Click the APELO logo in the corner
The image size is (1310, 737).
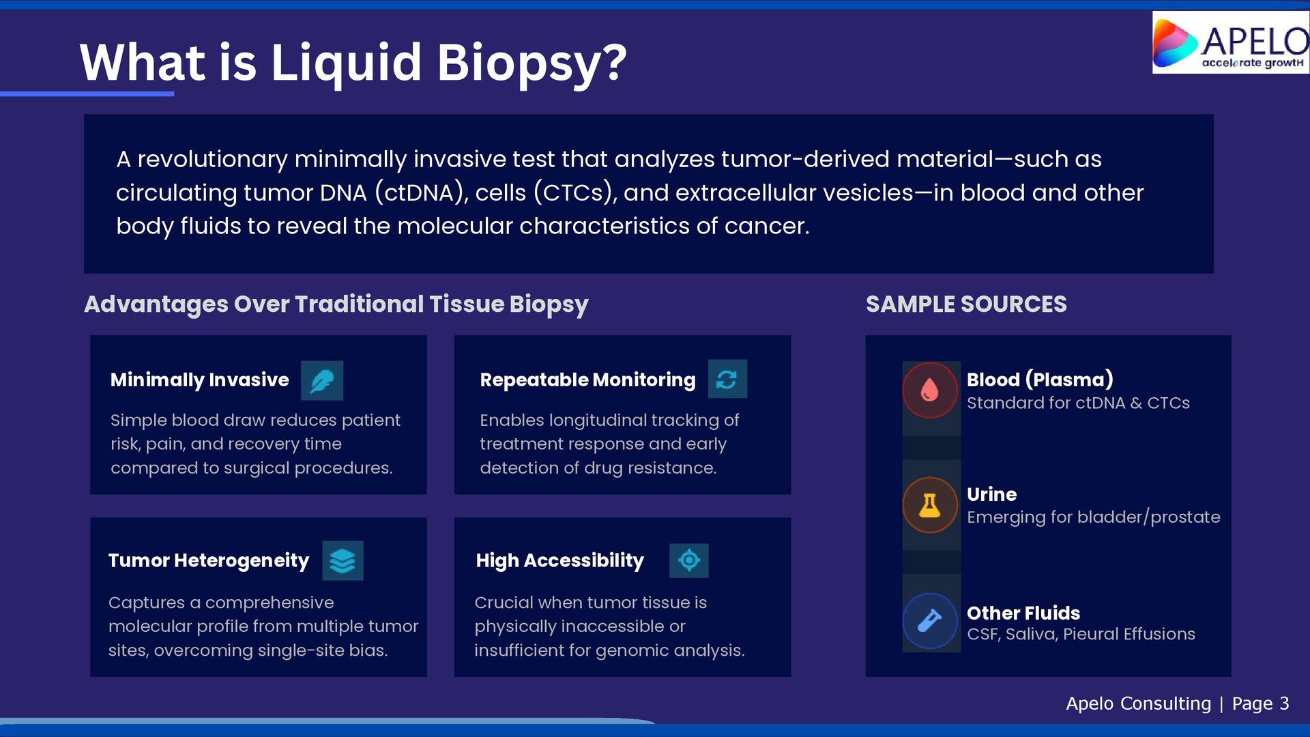coord(1230,42)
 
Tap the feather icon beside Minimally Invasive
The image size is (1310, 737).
coord(322,381)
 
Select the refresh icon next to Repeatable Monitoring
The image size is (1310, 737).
coord(727,379)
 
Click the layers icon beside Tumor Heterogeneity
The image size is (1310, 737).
coord(343,561)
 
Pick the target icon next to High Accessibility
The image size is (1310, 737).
coord(689,561)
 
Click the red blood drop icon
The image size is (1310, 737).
coord(930,390)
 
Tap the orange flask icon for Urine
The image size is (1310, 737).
coord(930,505)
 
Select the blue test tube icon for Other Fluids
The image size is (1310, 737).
coord(930,621)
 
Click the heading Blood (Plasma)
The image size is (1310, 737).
coord(1040,379)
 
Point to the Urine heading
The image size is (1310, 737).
coord(991,494)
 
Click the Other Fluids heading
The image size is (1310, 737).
coord(1023,613)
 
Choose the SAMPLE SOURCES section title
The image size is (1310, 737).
coord(966,304)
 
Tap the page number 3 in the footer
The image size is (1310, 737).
coord(1284,704)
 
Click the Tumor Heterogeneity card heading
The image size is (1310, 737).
coord(209,561)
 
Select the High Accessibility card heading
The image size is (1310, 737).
coord(559,561)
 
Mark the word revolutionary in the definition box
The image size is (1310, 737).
coord(212,160)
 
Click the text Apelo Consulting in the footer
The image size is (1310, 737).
coord(1138,704)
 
